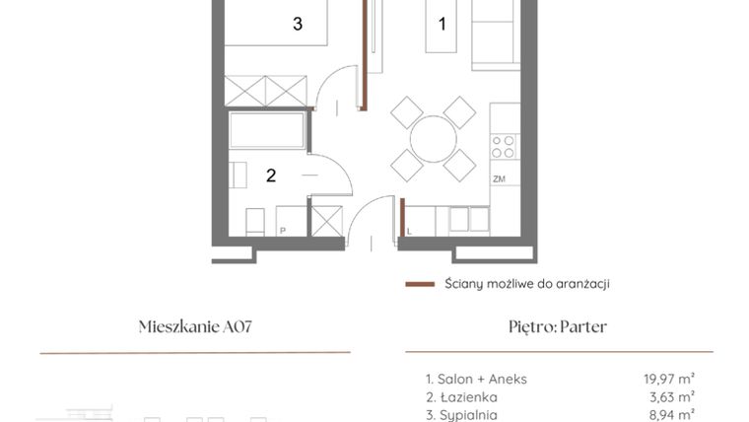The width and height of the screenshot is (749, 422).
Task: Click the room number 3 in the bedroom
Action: click(x=298, y=25)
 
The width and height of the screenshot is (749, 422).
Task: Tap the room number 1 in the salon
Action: click(x=443, y=24)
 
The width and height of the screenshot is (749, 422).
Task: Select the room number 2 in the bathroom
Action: click(x=271, y=176)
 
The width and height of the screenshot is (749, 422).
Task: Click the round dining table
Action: click(x=434, y=139)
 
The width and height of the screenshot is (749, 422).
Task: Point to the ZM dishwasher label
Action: click(x=499, y=178)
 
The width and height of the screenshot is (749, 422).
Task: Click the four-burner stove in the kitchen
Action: click(x=504, y=146)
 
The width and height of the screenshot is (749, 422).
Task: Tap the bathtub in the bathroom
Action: click(x=267, y=130)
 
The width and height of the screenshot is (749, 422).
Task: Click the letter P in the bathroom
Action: click(x=282, y=231)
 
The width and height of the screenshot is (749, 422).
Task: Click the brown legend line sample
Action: click(x=420, y=284)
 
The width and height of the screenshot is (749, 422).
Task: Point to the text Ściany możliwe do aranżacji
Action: click(x=526, y=284)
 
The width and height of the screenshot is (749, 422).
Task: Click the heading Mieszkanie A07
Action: click(x=195, y=327)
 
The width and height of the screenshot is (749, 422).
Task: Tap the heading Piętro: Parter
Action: click(x=558, y=327)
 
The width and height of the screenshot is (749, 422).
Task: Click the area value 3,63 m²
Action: click(x=673, y=397)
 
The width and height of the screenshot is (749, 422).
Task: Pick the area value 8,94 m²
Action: click(x=673, y=415)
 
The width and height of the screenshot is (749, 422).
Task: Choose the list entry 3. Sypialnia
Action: click(x=461, y=415)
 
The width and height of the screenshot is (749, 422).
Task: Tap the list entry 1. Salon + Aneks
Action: click(x=476, y=379)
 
